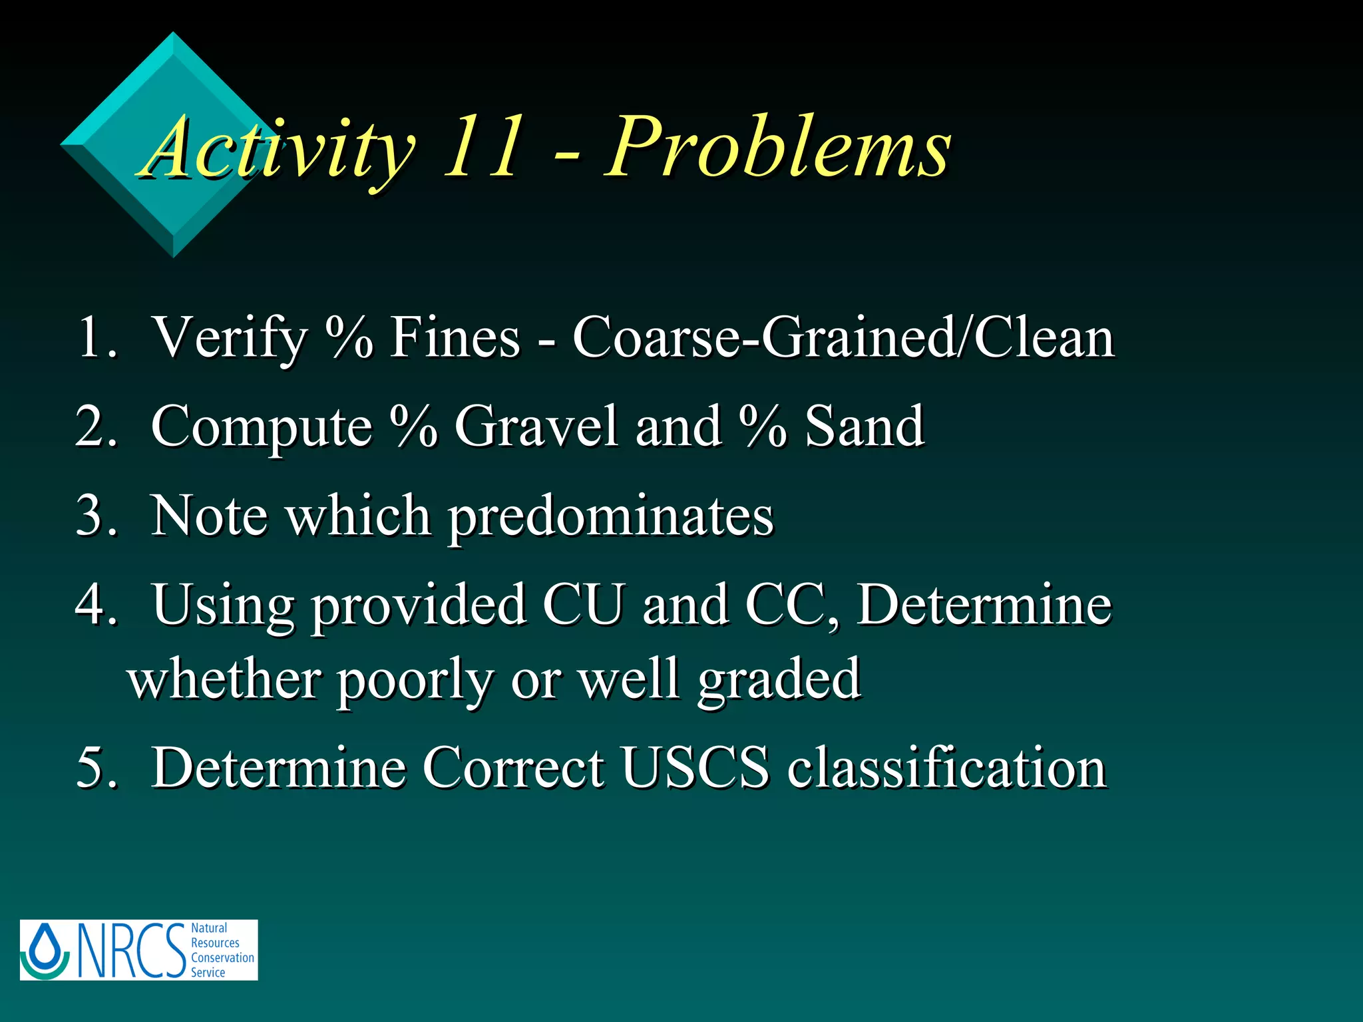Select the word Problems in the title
pos(777,148)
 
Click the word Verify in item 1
pos(230,338)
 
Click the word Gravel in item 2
pos(536,426)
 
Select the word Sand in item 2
pos(864,426)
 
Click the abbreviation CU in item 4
pos(584,604)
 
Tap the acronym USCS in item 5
pos(694,767)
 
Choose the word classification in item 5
pos(946,767)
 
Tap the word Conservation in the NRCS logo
pos(222,957)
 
